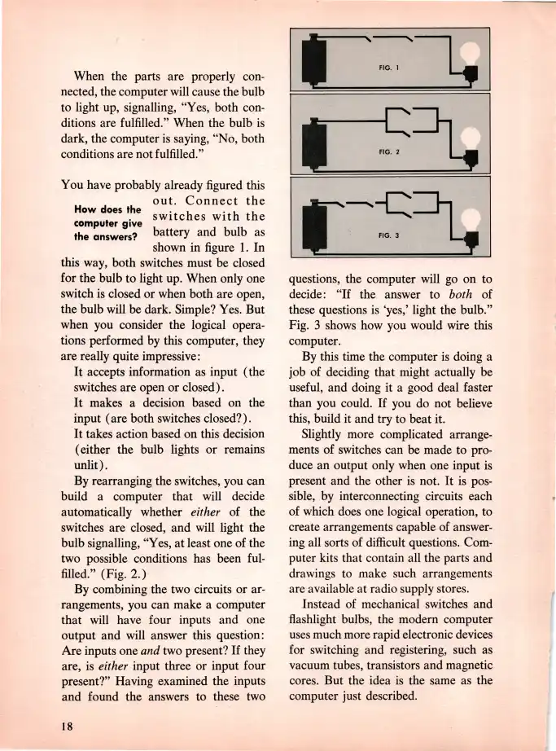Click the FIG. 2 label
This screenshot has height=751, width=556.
(x=387, y=152)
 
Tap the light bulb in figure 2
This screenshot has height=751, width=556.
(x=470, y=137)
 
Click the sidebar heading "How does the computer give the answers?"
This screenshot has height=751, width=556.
(x=107, y=221)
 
